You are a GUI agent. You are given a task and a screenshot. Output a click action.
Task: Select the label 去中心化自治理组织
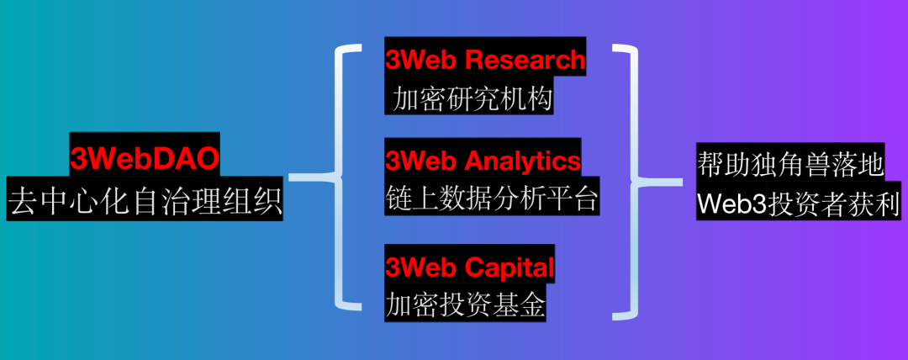pyautogui.click(x=145, y=203)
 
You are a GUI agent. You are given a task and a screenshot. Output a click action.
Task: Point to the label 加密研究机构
pyautogui.click(x=472, y=101)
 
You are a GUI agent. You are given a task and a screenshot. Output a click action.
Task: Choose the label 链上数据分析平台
pyautogui.click(x=491, y=200)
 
